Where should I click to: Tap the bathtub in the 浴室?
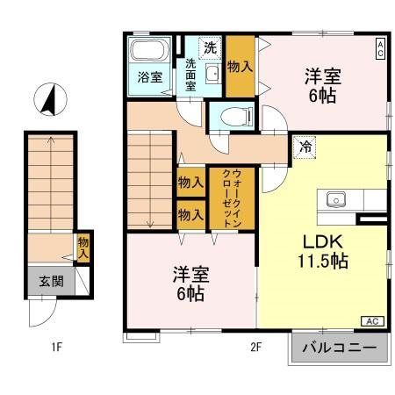(x=151, y=53)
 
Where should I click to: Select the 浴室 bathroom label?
(x=150, y=76)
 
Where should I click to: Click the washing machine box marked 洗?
(x=210, y=46)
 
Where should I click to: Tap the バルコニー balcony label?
(x=339, y=348)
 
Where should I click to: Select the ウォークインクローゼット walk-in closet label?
(x=232, y=198)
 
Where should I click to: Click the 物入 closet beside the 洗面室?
(x=240, y=66)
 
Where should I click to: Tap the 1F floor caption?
(x=55, y=347)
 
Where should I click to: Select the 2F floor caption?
(x=255, y=347)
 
